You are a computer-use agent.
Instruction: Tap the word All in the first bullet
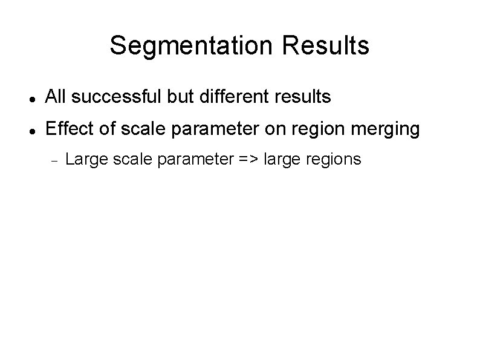56,96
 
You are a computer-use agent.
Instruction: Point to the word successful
115,96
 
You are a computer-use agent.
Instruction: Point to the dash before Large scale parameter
53,160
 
